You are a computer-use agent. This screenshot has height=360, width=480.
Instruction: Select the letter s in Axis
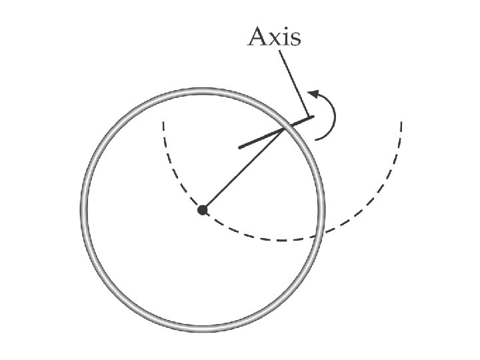295,39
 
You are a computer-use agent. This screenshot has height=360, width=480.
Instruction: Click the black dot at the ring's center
203,210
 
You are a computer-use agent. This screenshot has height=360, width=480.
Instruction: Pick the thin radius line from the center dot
243,169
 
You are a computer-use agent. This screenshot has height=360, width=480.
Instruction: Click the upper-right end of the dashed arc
401,122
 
